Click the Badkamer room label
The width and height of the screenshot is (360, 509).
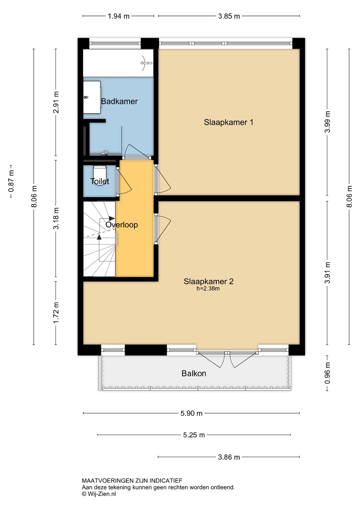click(x=119, y=101)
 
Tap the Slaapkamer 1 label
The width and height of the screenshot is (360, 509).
click(x=228, y=122)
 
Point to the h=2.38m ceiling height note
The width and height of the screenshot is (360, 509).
click(x=208, y=289)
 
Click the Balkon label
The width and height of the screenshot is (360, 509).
click(x=194, y=374)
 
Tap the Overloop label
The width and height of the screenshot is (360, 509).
click(x=122, y=225)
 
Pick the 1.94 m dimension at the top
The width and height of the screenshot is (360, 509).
click(x=118, y=16)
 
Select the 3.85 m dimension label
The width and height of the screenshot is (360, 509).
click(x=229, y=16)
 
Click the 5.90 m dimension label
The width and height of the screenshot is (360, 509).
click(x=191, y=413)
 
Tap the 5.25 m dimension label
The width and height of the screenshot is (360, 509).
click(x=194, y=435)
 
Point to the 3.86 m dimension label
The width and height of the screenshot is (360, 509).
click(x=229, y=457)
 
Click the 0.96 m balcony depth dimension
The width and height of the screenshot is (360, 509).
click(x=327, y=373)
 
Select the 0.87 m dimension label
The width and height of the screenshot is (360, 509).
click(x=11, y=181)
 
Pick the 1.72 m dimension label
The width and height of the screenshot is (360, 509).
click(x=56, y=313)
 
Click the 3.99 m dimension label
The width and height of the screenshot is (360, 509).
click(x=327, y=122)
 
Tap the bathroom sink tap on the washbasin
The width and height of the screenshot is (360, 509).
click(x=86, y=97)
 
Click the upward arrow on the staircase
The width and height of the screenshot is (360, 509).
click(x=99, y=237)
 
